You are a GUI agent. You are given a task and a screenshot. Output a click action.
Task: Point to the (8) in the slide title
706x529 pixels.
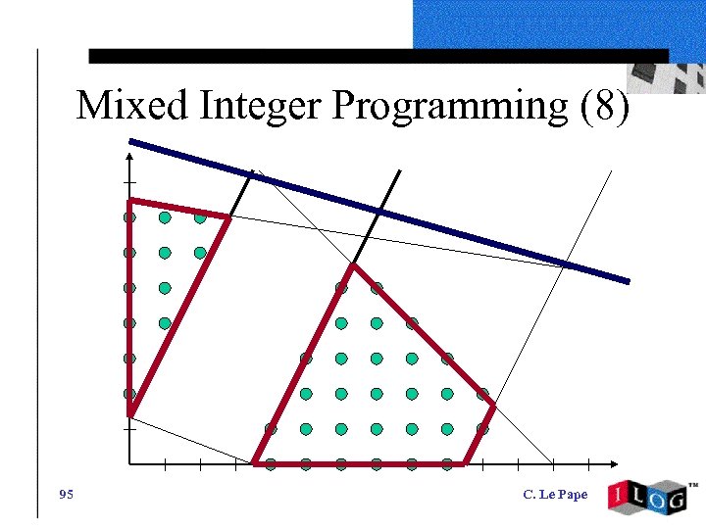603,106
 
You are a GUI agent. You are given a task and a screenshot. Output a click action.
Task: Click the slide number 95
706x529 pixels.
66,494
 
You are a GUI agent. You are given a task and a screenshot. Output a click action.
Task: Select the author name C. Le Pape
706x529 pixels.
555,495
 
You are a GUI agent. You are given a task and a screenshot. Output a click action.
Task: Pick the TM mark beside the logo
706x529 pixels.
693,485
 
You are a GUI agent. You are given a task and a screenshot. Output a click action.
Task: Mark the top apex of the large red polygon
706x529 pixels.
352,264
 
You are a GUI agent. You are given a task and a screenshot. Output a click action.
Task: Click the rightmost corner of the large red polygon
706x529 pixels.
493,405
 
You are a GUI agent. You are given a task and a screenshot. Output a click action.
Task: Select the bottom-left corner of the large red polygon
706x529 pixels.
255,462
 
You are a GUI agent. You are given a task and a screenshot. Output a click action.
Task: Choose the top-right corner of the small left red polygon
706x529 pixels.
228,217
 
